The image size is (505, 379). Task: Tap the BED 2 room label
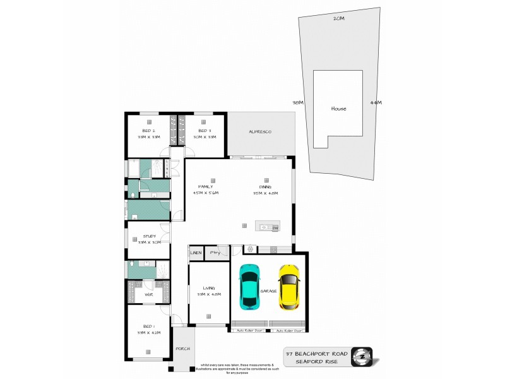point(149,130)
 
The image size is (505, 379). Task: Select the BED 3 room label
point(203,130)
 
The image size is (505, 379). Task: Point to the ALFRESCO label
point(260,131)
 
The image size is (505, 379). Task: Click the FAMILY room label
point(205,187)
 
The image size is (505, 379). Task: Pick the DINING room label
point(264,187)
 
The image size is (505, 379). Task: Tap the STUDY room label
point(149,236)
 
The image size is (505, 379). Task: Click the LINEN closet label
point(196,253)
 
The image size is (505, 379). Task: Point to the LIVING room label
point(209,288)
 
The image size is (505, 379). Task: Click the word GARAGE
point(269,291)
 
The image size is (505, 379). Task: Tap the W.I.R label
point(149,294)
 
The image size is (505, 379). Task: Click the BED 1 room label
point(149,327)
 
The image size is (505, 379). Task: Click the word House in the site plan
point(338,109)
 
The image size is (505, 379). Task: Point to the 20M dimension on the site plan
point(339,19)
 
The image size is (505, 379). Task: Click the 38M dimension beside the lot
point(298,102)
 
